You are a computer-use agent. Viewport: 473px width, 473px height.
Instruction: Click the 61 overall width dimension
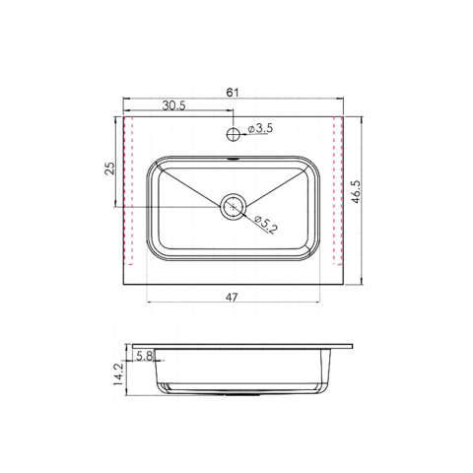[233, 93]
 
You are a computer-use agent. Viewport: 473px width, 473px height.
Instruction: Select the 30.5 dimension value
[174, 105]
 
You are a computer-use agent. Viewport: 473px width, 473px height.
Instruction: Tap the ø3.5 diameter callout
[260, 128]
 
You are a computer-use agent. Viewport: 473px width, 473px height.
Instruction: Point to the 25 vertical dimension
[110, 168]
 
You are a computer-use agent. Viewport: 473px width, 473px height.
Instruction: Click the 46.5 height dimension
[356, 192]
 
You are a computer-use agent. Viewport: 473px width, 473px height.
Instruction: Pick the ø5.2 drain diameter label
[265, 225]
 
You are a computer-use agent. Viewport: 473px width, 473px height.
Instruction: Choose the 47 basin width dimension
[232, 298]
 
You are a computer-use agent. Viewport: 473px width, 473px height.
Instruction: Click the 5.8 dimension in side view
[144, 356]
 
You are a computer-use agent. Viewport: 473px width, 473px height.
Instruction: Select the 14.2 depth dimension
[118, 374]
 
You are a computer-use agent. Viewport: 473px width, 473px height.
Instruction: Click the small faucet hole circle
[233, 134]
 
